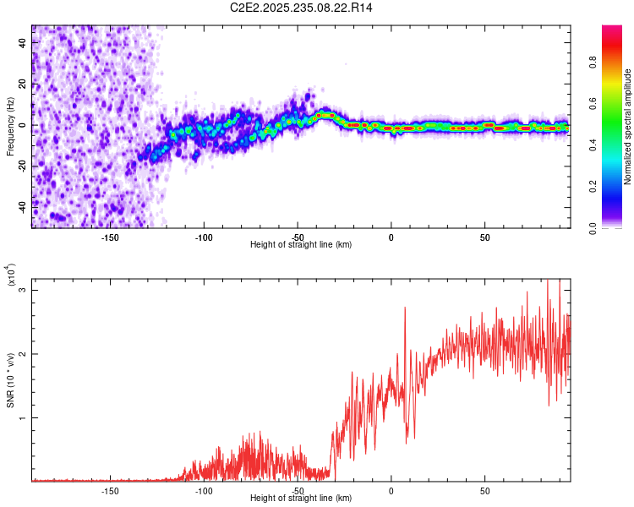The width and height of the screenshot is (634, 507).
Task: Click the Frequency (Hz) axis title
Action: coord(10,126)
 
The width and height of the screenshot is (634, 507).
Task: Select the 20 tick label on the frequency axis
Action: coord(23,84)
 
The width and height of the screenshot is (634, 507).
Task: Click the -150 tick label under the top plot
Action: coord(110,238)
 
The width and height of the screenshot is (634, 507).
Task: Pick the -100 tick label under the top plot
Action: coord(204,238)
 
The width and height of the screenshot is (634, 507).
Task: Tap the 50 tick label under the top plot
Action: coord(484,238)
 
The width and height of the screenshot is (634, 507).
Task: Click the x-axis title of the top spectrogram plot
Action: coord(301,245)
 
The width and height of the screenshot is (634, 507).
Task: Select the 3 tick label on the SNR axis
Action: coord(23,290)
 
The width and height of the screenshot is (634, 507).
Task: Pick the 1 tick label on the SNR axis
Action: coord(23,417)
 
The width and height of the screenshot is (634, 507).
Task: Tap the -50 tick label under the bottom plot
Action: coord(298,491)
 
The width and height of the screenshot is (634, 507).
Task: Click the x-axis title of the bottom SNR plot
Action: coord(301,499)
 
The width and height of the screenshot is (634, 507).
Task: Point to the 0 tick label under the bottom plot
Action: coord(391,491)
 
